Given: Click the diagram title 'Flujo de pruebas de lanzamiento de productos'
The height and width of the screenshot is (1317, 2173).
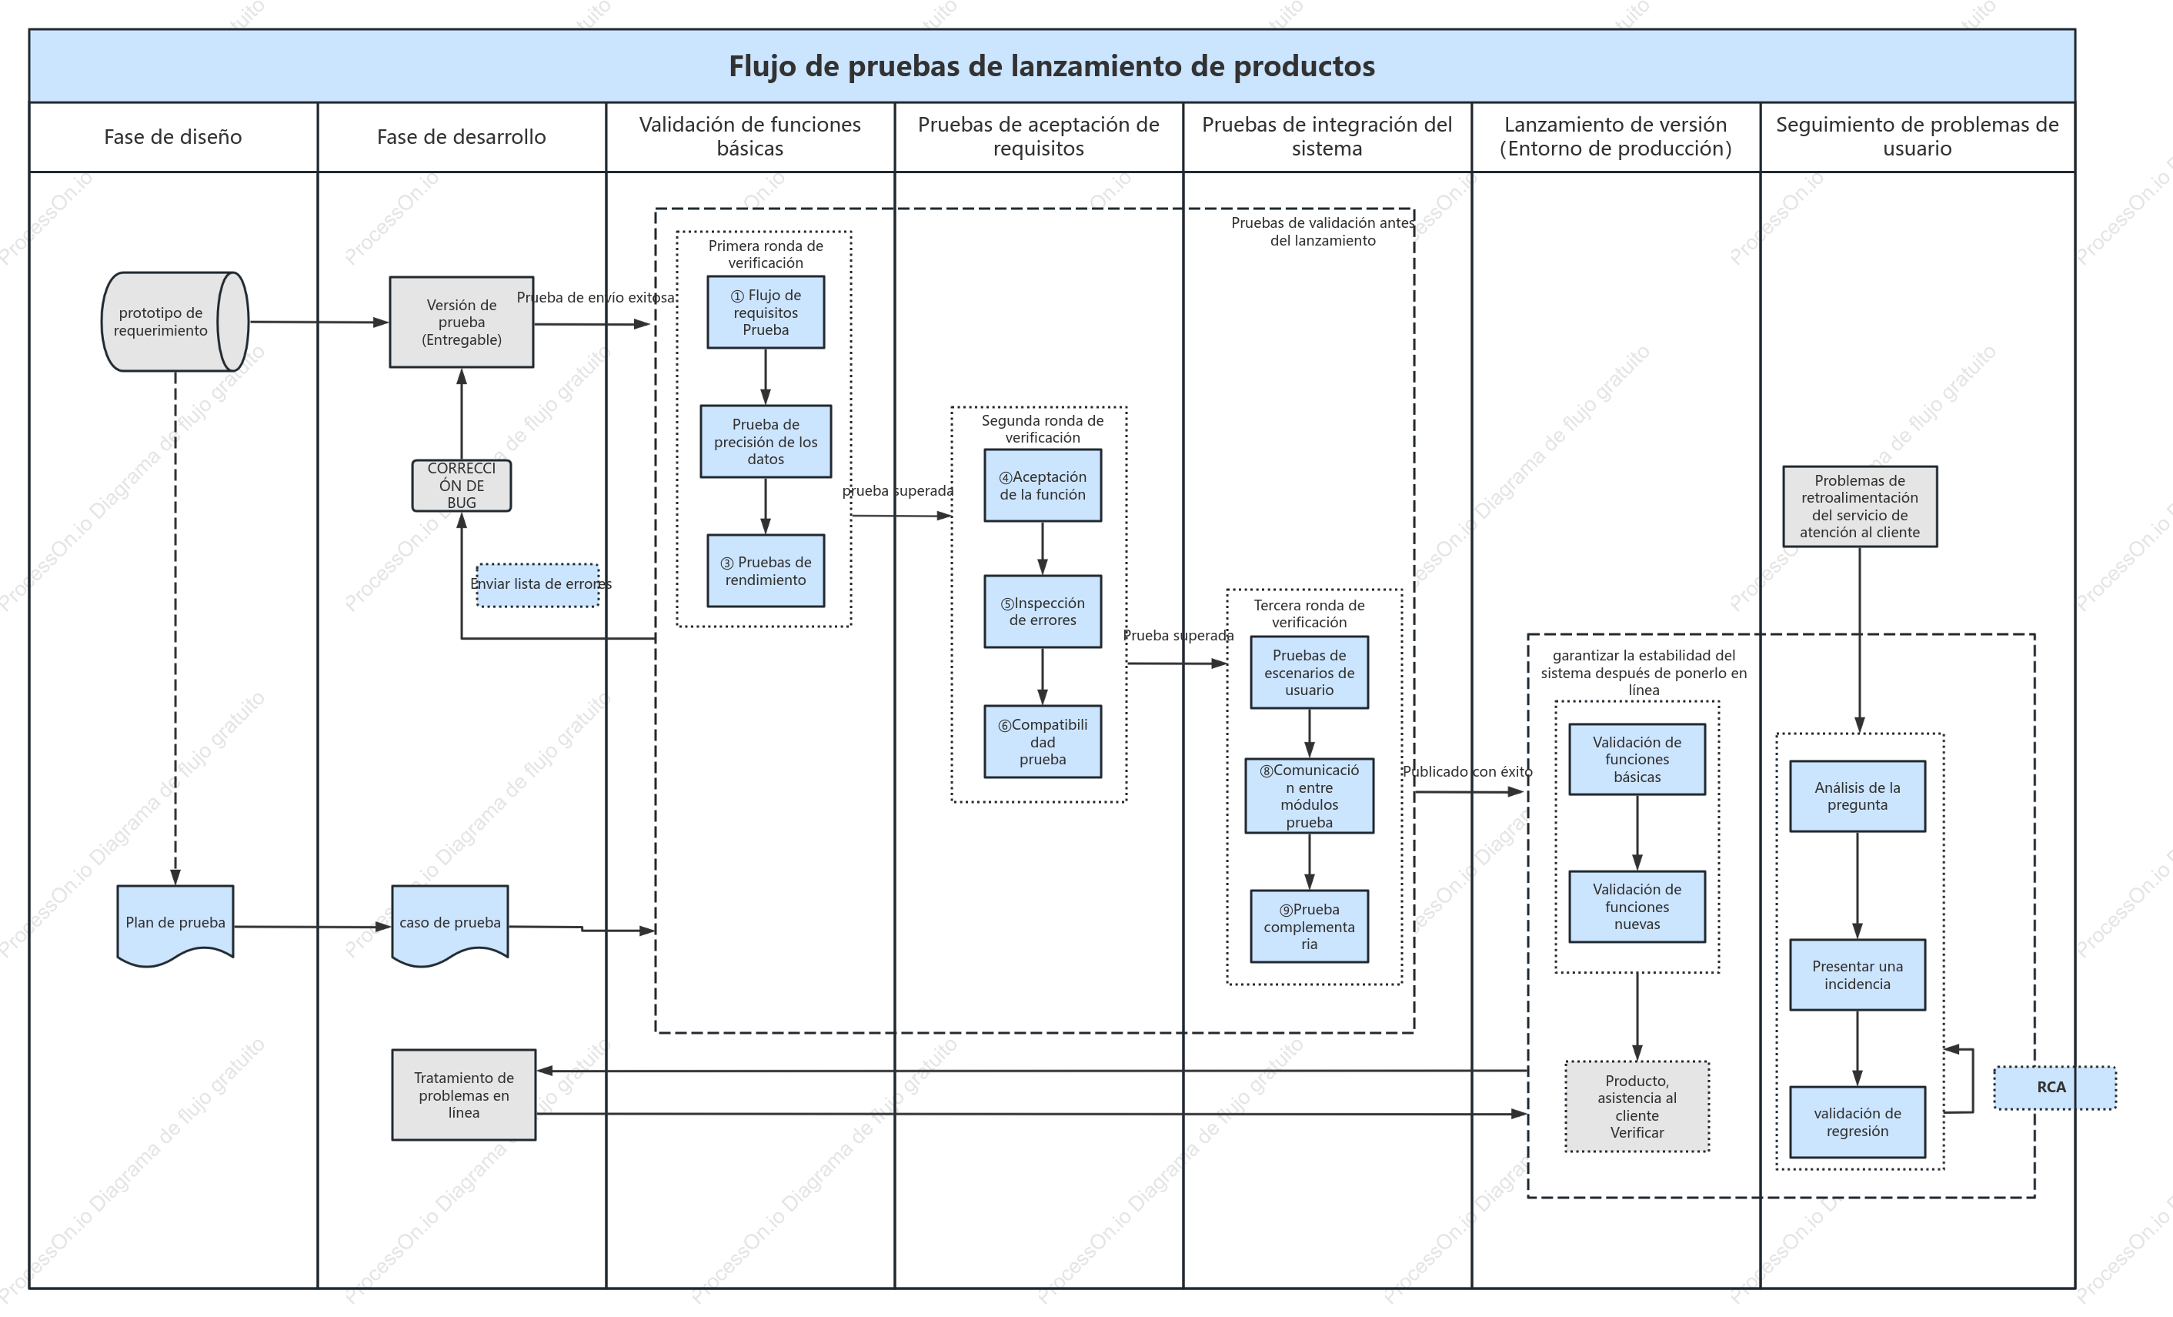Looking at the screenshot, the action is click(x=1051, y=66).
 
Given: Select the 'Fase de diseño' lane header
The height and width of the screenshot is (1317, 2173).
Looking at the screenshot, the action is click(x=173, y=137).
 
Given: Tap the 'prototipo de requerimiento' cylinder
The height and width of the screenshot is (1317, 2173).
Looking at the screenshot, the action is click(x=175, y=322).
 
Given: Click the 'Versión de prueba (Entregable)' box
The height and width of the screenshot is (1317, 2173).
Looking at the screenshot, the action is click(x=461, y=322).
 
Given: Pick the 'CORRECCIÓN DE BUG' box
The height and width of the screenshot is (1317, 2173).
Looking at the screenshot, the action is click(x=461, y=485).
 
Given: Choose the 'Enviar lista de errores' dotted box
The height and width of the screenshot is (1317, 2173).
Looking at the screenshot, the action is click(x=538, y=585).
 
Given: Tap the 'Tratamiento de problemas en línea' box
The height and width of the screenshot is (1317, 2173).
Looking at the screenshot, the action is click(x=464, y=1095).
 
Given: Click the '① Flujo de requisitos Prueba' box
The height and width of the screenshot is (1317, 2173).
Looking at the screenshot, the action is click(x=766, y=313).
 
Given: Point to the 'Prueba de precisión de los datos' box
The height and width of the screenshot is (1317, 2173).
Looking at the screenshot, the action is click(x=766, y=441).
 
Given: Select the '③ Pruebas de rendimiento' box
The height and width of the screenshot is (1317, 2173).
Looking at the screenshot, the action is click(x=766, y=570).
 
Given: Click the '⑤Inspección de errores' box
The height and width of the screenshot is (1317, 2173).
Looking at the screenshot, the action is click(x=1043, y=611).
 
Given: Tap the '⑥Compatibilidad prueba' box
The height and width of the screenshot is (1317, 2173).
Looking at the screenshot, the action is click(x=1043, y=741).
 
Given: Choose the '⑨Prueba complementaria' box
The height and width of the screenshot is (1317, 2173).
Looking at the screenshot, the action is click(x=1310, y=926).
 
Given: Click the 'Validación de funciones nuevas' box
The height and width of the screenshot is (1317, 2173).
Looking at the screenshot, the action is click(x=1637, y=907).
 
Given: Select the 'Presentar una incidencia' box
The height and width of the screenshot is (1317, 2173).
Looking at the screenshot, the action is click(x=1858, y=974).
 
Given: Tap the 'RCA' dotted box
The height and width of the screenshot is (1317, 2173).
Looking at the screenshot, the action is click(x=2055, y=1088).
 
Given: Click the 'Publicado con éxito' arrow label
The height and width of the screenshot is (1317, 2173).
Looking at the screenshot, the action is click(x=1467, y=772).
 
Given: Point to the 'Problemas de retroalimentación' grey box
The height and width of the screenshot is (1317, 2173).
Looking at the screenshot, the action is click(x=1860, y=506).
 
